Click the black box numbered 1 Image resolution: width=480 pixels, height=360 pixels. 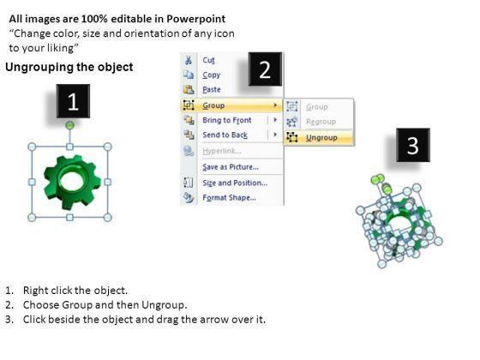tap(73, 101)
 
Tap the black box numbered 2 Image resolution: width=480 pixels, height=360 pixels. tap(265, 69)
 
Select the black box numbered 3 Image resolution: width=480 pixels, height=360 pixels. tap(413, 145)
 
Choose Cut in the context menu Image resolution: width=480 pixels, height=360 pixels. tap(208, 60)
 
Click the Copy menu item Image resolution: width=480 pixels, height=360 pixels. tap(211, 75)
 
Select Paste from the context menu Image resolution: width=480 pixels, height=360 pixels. tap(212, 90)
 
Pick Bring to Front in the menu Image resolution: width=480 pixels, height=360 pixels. tap(227, 120)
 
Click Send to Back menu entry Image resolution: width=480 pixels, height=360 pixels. tap(225, 135)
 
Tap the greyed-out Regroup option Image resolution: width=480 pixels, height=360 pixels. tap(321, 122)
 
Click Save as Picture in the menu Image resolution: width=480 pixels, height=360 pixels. tap(231, 167)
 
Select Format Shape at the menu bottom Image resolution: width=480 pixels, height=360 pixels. tap(229, 198)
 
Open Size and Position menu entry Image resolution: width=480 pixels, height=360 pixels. tap(235, 183)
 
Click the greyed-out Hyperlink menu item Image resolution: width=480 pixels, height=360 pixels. tap(222, 151)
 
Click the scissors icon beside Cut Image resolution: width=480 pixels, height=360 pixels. tap(189, 60)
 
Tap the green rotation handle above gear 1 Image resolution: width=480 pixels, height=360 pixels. tap(70, 125)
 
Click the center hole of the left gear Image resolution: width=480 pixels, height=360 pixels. tap(73, 182)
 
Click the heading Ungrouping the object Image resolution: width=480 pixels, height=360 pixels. tap(69, 67)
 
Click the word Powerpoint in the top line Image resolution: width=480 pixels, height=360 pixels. tap(196, 19)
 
